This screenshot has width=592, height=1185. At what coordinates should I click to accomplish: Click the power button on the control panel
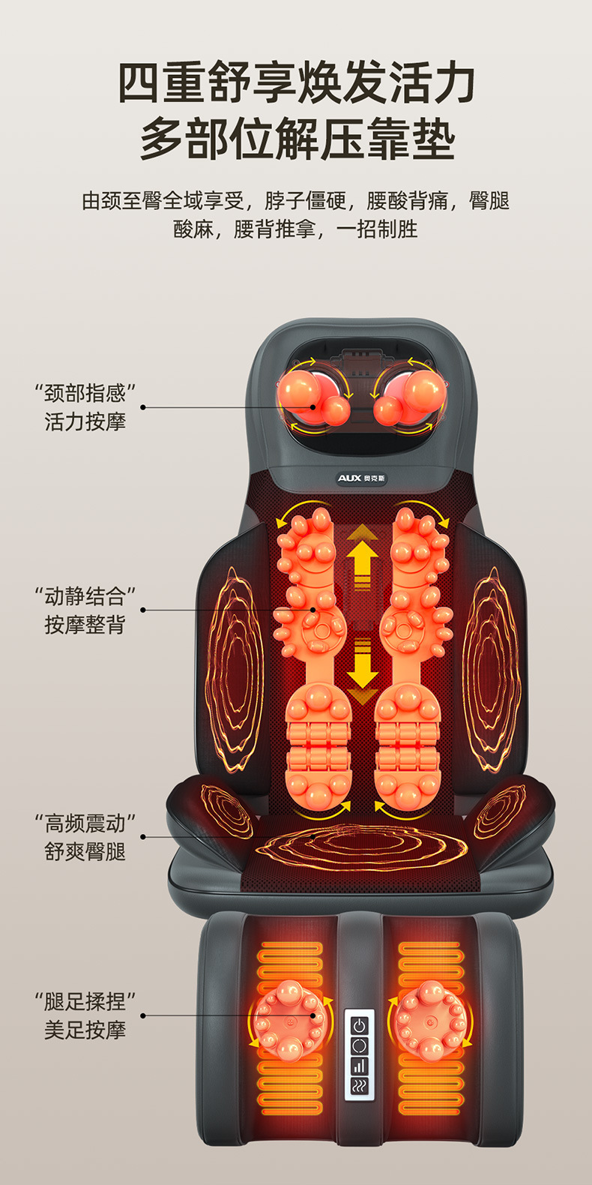point(360,1025)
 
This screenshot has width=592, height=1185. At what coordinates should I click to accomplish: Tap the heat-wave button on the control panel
point(360,1085)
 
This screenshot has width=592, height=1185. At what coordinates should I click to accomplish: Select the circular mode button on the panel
point(360,1045)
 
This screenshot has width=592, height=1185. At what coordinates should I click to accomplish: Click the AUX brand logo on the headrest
point(361,478)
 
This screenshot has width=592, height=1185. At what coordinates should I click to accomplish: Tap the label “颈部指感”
point(85,393)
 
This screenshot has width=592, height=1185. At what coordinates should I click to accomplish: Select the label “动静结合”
point(85,597)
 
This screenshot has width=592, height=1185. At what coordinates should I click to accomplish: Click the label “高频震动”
point(85,824)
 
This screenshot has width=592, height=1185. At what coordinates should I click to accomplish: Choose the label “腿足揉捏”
point(85,1002)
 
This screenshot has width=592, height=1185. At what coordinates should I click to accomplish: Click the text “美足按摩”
point(85,1030)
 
